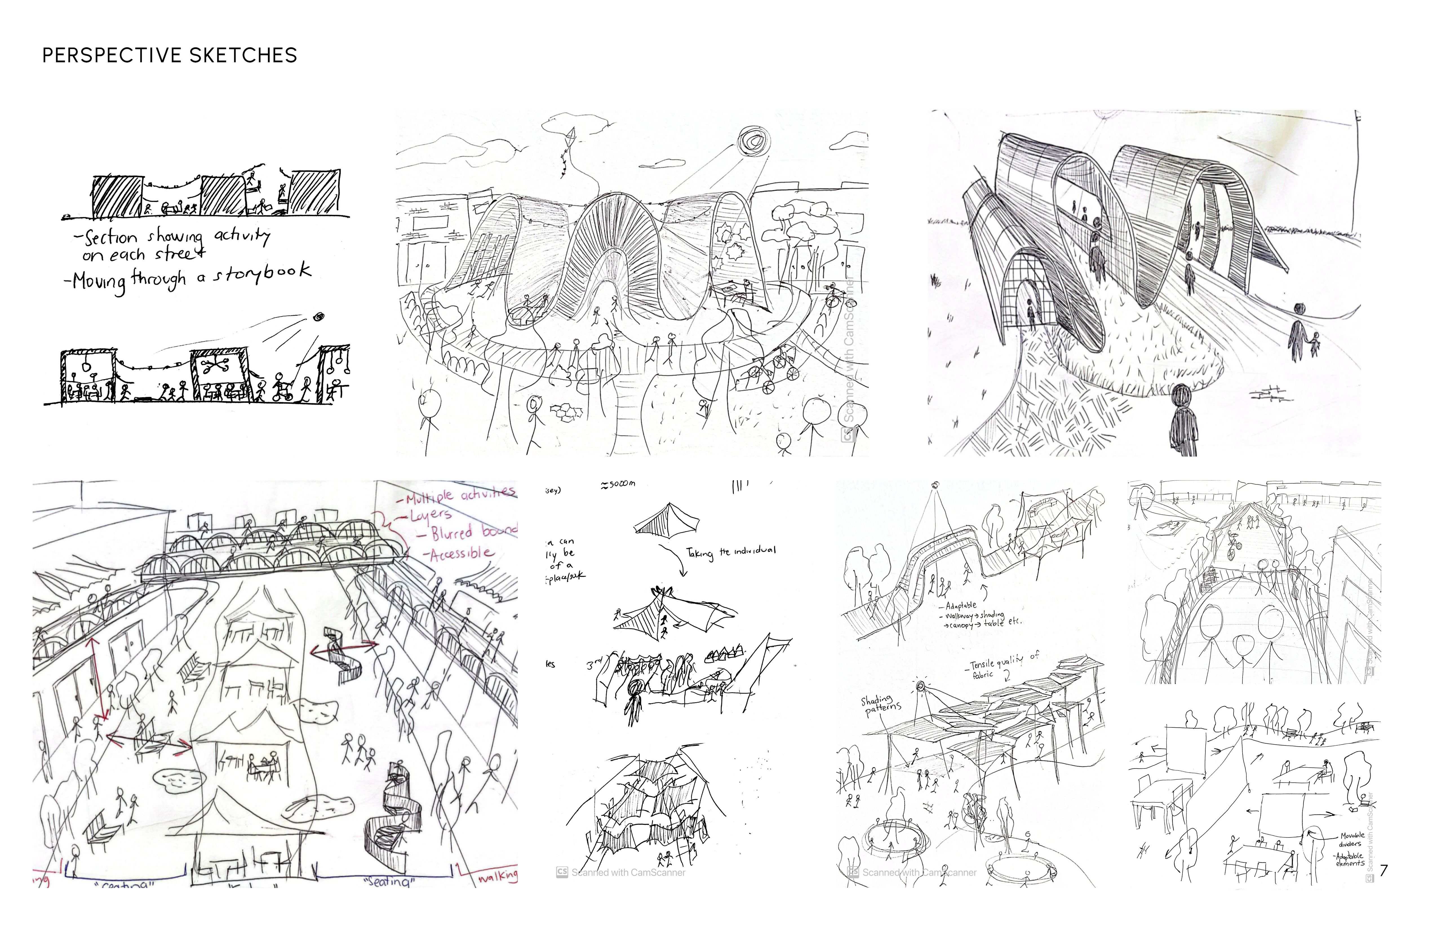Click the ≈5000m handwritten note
tap(618, 484)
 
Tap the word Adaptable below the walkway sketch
tap(960, 605)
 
